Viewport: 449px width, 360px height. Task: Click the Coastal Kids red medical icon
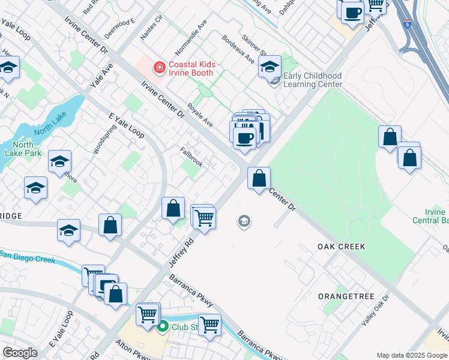pos(159,67)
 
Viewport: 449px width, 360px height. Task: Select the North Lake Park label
pos(23,149)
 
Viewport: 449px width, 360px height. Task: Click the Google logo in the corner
pos(19,353)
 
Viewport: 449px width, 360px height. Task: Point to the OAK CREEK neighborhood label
pos(342,247)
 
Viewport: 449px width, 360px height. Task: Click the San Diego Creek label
pos(28,257)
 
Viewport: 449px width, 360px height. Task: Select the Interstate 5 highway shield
pos(408,25)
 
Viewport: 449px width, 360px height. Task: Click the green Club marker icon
pos(162,327)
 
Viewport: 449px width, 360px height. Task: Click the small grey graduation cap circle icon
pos(244,222)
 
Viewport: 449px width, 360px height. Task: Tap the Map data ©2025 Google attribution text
pos(412,355)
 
